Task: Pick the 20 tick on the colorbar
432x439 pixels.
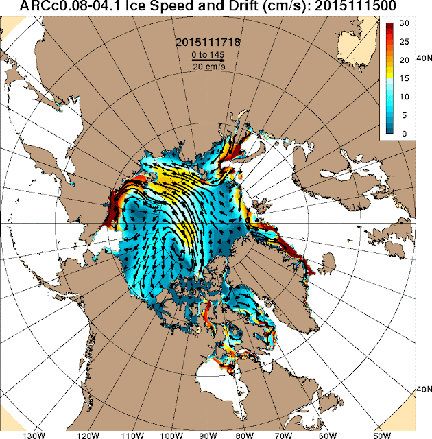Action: [405, 60]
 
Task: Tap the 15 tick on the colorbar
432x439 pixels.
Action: [405, 79]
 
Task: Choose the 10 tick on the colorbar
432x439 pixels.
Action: [405, 97]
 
